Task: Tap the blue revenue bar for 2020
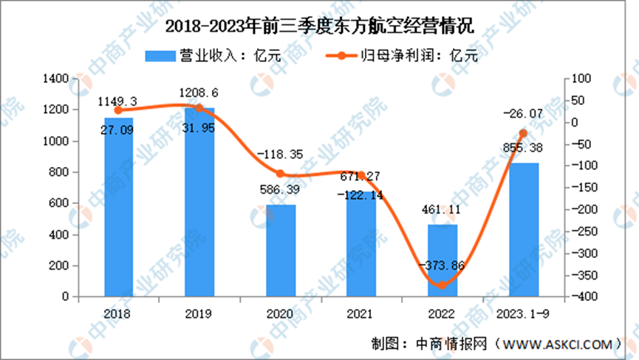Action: click(x=280, y=251)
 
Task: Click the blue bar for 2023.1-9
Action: click(x=524, y=229)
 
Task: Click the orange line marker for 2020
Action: click(x=280, y=174)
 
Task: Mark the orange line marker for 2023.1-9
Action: click(x=524, y=134)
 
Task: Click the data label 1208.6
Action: click(x=199, y=94)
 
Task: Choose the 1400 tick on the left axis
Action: click(x=58, y=78)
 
